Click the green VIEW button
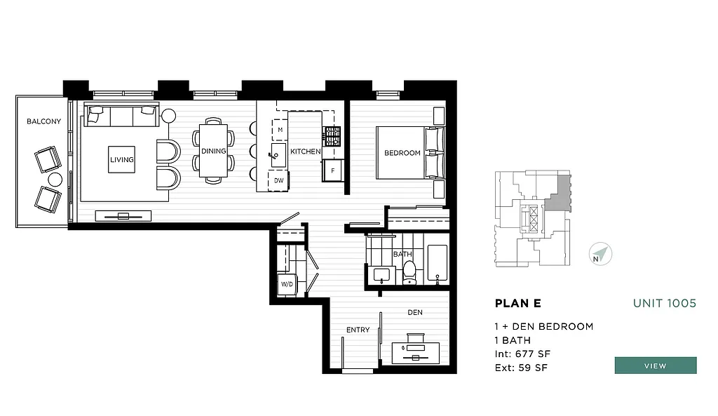pos(655,365)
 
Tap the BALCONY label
pos(43,121)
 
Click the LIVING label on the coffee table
pos(121,160)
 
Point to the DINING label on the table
pos(213,151)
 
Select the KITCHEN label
pos(306,152)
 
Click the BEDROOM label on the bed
pos(402,153)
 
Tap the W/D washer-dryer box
pos(287,284)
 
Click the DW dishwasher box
pos(279,180)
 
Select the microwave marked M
pos(280,130)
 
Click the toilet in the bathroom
pos(409,272)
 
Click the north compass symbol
pos(600,254)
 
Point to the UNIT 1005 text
pos(664,303)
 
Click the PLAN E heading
pos(517,304)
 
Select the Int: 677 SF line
pos(521,354)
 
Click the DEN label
pos(414,312)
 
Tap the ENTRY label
pos(358,330)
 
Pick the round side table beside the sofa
pos(169,116)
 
